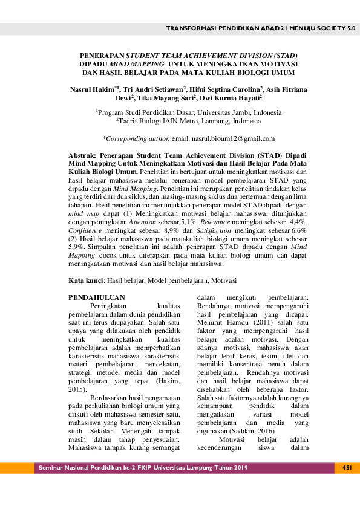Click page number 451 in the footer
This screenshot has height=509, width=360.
pos(347,468)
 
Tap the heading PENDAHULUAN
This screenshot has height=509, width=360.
pos(97,297)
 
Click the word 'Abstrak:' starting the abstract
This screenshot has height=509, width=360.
pos(83,155)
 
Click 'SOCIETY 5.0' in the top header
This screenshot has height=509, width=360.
pos(336,28)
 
